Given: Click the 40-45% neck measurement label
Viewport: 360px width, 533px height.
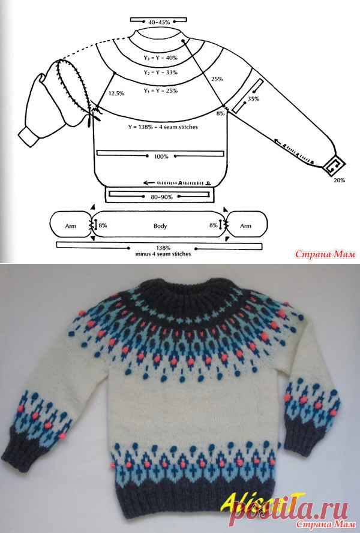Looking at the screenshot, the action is pos(159,22).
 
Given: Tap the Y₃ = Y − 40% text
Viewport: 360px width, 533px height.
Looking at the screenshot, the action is pos(160,58).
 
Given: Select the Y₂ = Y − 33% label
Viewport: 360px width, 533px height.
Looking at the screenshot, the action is pos(160,73).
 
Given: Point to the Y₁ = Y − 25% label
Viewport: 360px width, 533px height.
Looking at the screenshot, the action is pos(160,91).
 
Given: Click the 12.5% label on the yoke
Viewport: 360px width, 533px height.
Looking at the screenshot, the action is pos(116,94).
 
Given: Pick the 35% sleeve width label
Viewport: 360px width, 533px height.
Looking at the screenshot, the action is pos(253,99).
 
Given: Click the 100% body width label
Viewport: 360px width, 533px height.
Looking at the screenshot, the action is pos(161,156).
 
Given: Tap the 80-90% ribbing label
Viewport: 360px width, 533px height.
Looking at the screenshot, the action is pos(161,197).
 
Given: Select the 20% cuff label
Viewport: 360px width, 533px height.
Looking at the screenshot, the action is pos(339,180).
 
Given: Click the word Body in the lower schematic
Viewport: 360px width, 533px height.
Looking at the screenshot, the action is pos(160,225).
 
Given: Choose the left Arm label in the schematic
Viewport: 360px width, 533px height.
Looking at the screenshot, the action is pos(71,225).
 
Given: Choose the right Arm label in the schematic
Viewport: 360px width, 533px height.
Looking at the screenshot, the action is pos(245,225).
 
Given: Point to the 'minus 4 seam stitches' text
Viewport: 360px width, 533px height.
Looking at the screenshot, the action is pos(163,254).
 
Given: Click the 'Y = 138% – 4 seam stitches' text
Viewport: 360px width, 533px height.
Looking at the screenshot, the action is pos(163,127).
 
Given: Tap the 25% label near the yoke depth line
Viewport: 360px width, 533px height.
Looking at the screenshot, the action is pos(217,79).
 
